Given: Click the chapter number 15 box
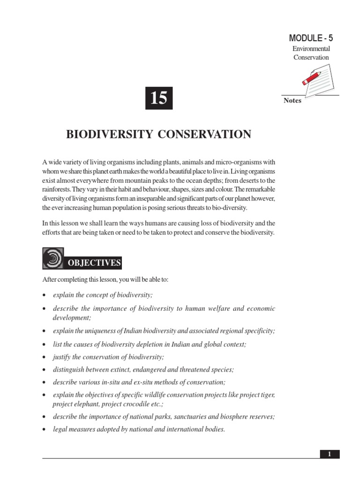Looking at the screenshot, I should click(159, 98).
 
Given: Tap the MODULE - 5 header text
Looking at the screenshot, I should click(311, 38).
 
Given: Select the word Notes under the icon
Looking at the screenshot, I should click(292, 101).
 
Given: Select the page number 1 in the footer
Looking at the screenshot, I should click(330, 454).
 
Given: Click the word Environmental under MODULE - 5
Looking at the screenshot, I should click(311, 49).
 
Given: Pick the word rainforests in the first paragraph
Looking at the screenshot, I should click(57, 189).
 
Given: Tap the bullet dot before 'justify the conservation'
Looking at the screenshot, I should click(44, 358).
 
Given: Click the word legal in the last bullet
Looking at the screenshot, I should click(60, 429).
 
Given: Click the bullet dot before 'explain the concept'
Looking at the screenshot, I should click(44, 295).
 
